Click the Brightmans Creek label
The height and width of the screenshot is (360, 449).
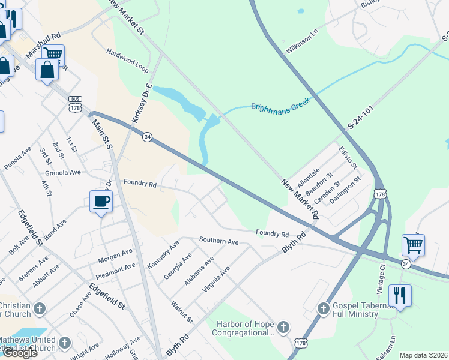(x=280, y=103)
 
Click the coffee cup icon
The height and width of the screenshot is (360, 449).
(x=101, y=201)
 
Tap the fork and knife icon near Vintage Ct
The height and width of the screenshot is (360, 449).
(x=399, y=295)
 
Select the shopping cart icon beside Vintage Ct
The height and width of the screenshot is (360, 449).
(x=413, y=245)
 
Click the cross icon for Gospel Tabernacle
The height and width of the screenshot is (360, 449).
(x=323, y=309)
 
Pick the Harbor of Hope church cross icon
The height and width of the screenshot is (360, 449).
(x=283, y=328)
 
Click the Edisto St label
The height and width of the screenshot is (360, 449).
(x=348, y=157)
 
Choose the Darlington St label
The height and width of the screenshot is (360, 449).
(x=345, y=190)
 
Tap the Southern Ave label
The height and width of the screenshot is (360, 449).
(x=219, y=241)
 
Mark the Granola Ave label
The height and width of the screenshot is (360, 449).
(x=63, y=172)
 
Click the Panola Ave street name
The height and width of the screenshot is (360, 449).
(x=17, y=159)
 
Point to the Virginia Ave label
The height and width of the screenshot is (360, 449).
(x=216, y=280)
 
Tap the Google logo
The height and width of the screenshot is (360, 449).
(x=20, y=352)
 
